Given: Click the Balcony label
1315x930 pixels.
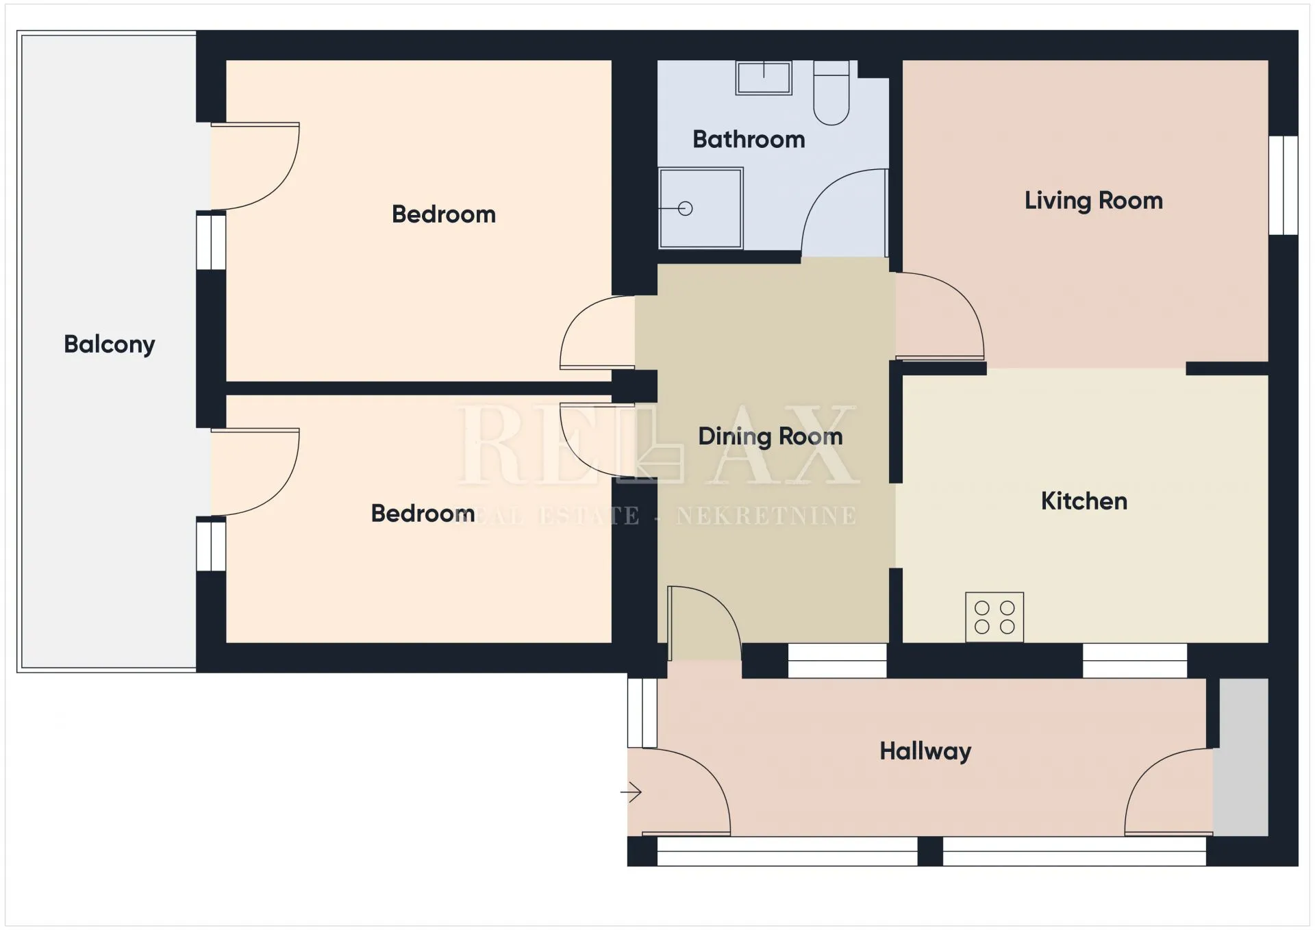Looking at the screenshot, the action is pyautogui.click(x=110, y=344).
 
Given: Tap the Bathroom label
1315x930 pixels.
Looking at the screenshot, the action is pyautogui.click(x=749, y=139).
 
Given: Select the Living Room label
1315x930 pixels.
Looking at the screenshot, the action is pyautogui.click(x=1094, y=200).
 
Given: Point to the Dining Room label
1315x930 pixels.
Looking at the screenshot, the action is pyautogui.click(x=771, y=436).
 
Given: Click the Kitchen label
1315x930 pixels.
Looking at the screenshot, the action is pyautogui.click(x=1084, y=501).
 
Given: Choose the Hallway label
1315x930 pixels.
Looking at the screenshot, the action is pyautogui.click(x=925, y=751).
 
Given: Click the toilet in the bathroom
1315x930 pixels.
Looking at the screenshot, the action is pyautogui.click(x=831, y=92).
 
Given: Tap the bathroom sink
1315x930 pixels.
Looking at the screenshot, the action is pyautogui.click(x=764, y=77).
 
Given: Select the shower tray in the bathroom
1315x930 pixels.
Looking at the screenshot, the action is pyautogui.click(x=701, y=208).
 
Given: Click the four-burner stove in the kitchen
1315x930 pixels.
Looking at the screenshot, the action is pyautogui.click(x=994, y=617).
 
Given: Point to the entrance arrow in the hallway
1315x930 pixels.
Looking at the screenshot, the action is pyautogui.click(x=631, y=793).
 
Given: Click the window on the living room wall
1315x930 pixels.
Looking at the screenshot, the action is pyautogui.click(x=1283, y=185).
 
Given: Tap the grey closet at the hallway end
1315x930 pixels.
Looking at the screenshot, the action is pyautogui.click(x=1240, y=757).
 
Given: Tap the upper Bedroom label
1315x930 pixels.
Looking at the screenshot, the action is pyautogui.click(x=444, y=214).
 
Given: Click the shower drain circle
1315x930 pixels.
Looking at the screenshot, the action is pyautogui.click(x=686, y=208).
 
